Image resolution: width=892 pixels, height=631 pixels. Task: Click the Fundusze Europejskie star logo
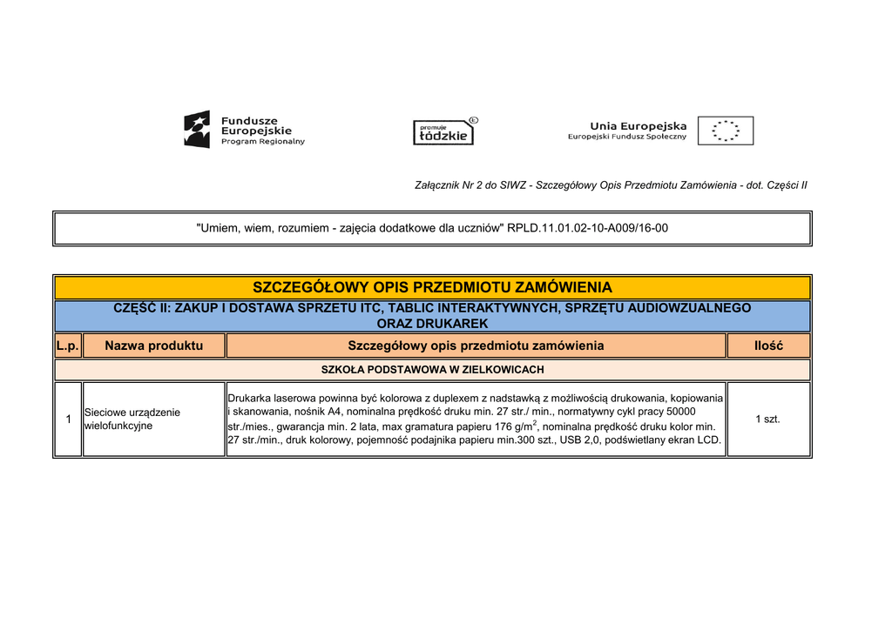tap(197, 130)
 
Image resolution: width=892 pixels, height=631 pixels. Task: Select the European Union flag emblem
tap(732, 131)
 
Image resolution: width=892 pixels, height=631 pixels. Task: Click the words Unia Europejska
tap(639, 125)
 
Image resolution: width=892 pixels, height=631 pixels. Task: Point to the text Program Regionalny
tap(262, 142)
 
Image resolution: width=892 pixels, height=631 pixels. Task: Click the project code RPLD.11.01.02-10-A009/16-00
tap(588, 228)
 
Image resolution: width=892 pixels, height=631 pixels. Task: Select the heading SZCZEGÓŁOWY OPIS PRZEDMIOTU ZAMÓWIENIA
tap(432, 287)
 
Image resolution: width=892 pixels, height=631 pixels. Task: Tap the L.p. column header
tap(68, 346)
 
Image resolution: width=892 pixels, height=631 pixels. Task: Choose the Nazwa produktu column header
tap(153, 346)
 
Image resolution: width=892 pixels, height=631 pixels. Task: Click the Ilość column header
tap(768, 346)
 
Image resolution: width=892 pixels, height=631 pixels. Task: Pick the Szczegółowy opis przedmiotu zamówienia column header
tap(476, 346)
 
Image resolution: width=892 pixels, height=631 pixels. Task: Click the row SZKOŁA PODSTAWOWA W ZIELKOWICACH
tap(432, 370)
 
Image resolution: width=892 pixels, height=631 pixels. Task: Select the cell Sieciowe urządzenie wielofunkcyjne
tap(132, 419)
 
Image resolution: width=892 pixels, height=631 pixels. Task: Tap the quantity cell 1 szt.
tap(767, 419)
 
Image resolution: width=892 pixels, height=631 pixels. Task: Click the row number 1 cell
tap(68, 419)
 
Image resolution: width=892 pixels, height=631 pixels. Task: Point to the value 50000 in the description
tap(680, 411)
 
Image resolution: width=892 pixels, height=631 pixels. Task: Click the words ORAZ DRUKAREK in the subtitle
tap(432, 323)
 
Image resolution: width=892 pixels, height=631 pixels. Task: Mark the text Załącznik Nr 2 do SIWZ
tap(470, 185)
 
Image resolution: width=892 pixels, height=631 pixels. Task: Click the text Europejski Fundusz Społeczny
tap(627, 137)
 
